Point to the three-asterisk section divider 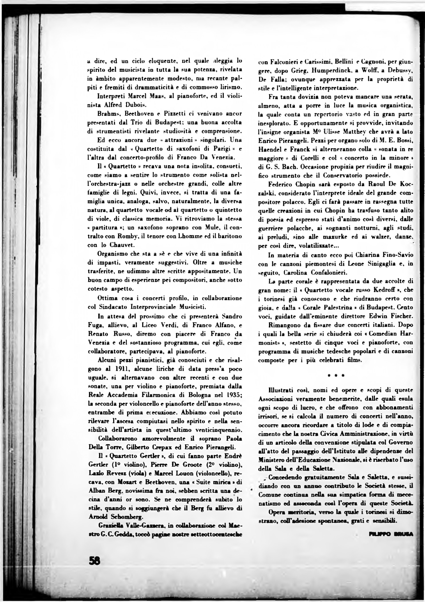[336, 376]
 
